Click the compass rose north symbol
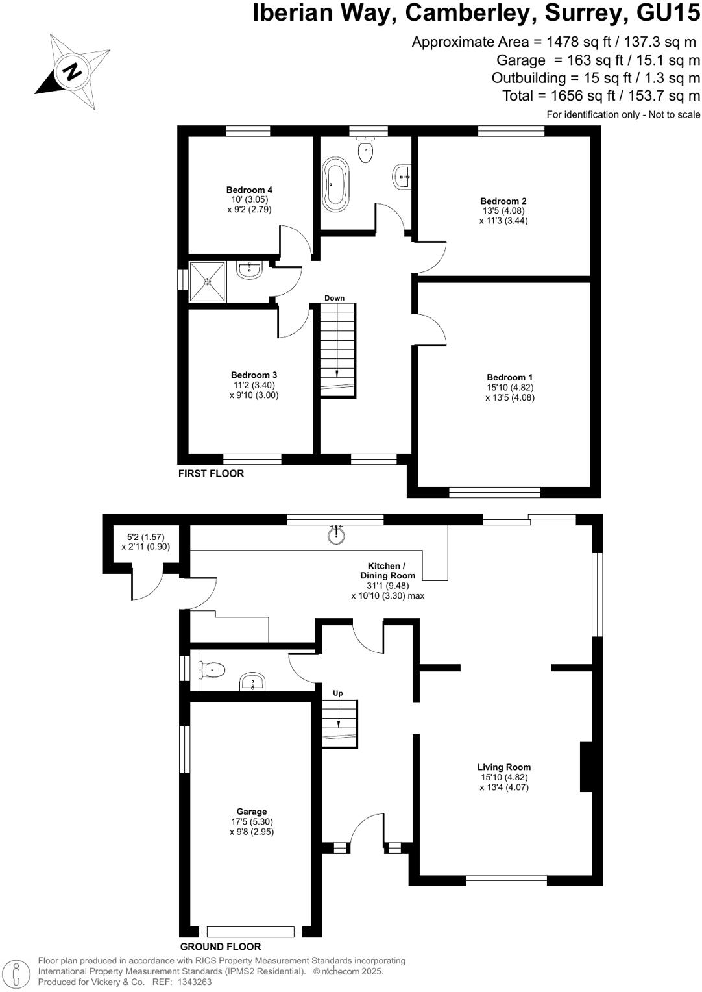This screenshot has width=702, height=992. point(73,69)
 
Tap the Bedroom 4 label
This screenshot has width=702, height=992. point(249,190)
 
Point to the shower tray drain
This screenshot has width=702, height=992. point(208,281)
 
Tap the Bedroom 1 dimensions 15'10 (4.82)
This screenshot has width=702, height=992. point(510,388)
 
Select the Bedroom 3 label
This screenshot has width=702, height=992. point(254,375)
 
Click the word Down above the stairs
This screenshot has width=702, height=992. point(334,298)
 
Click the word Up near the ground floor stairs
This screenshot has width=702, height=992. point(337,693)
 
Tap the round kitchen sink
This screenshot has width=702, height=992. point(336,536)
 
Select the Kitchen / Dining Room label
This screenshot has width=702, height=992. point(388,571)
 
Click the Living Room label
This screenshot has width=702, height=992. point(504,767)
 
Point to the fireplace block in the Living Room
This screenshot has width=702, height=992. point(586,767)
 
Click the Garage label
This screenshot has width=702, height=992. point(251,812)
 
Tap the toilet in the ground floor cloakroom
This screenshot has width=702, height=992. point(212,669)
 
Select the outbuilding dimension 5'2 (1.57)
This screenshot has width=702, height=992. point(145,537)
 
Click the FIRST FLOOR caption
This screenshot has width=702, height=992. point(211,473)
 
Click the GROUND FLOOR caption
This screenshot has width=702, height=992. point(220,947)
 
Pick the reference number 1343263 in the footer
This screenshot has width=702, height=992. point(191,982)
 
